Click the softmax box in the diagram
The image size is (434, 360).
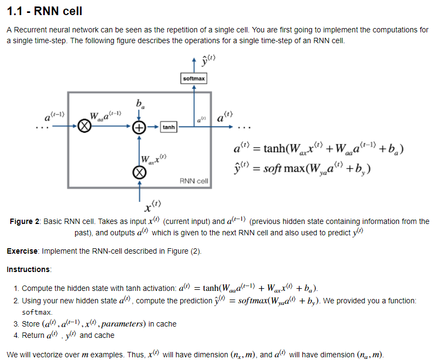[x=194, y=79]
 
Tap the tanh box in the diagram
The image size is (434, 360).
[x=169, y=127]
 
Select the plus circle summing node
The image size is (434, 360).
[x=140, y=127]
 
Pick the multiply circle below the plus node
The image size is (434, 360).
[x=140, y=172]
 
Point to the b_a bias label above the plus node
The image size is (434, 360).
[x=140, y=104]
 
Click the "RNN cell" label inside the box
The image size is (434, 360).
[x=194, y=180]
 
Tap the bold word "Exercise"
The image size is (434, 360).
[x=22, y=251]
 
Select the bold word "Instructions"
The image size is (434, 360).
[x=29, y=269]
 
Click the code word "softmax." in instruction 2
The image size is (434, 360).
[x=37, y=313]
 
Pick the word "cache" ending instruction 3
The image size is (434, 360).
[x=166, y=324]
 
